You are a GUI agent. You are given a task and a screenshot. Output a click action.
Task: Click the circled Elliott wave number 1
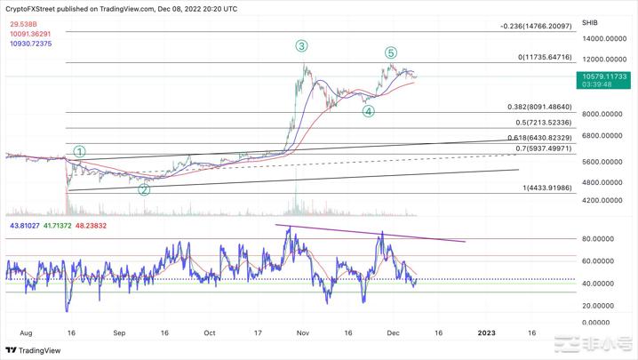coord(80,152)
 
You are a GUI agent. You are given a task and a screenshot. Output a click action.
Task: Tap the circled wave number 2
coord(145,189)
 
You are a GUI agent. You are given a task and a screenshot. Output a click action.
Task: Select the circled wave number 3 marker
coord(302,45)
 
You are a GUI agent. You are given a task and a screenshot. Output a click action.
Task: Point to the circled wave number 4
coord(368,111)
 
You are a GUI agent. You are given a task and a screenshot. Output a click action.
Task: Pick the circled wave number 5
coord(391,53)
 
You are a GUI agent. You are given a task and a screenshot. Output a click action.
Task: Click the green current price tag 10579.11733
coord(605,77)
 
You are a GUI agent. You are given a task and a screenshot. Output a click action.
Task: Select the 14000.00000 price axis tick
coord(604,39)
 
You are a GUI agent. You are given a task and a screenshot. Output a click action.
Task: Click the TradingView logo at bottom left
coord(36,349)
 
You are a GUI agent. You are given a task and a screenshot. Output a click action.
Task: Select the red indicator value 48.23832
coord(92,226)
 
